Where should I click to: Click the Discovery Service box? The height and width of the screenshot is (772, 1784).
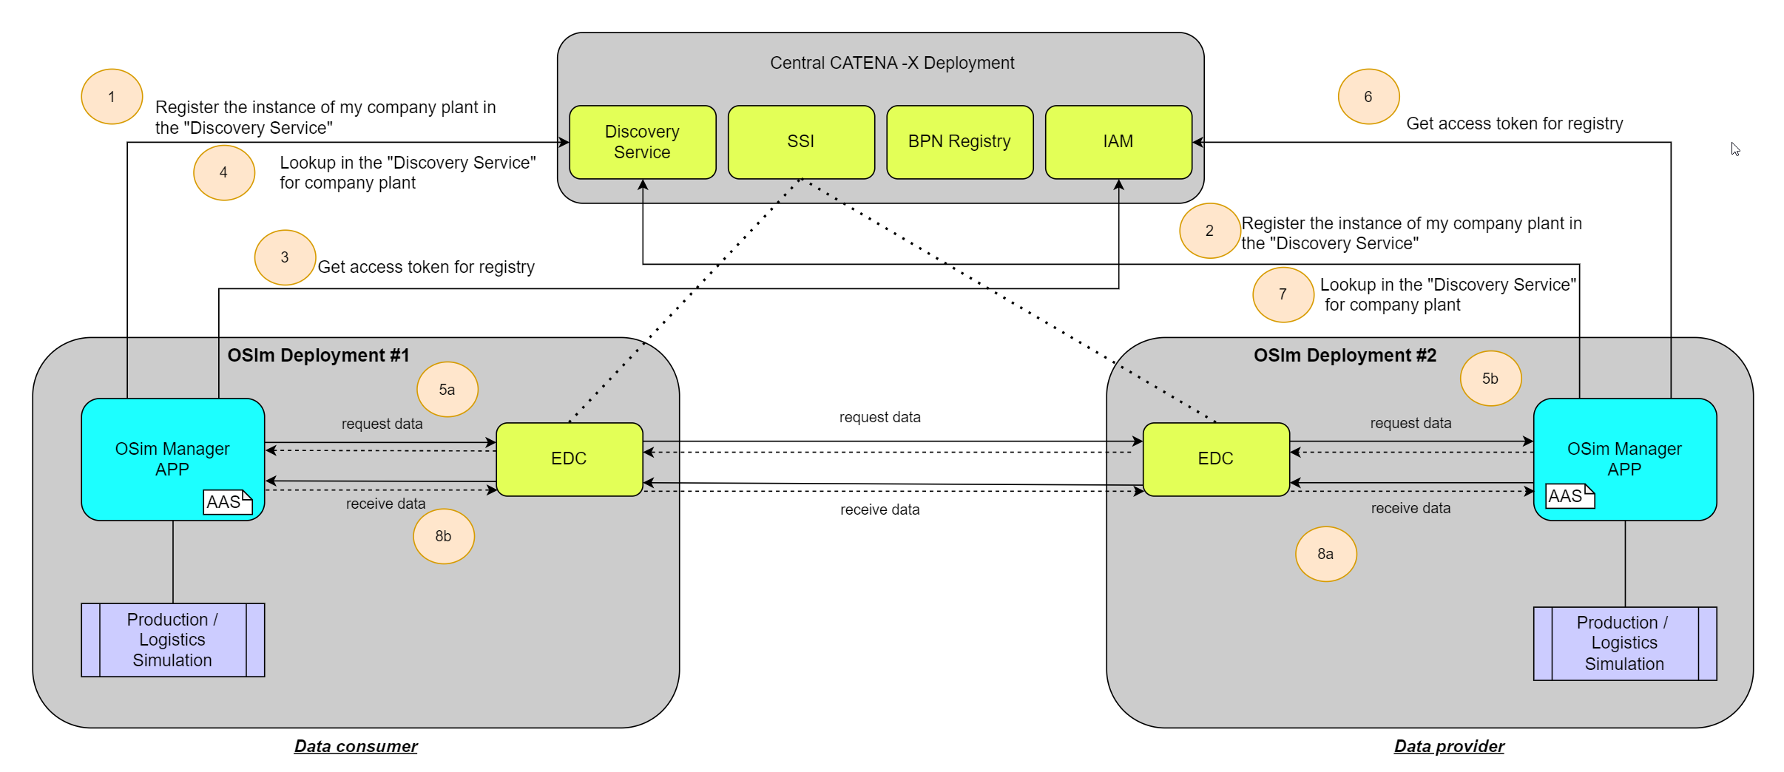[642, 142]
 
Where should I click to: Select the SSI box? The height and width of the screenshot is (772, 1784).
[801, 142]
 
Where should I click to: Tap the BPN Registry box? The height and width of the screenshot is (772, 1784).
[959, 142]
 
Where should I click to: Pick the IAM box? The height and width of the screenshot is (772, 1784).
[1118, 142]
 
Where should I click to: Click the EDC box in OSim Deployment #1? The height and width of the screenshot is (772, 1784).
[569, 459]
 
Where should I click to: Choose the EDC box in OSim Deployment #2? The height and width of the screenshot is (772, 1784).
[1215, 459]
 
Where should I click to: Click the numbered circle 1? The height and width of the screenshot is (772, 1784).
[112, 97]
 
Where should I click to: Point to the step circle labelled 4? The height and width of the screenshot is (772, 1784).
[224, 173]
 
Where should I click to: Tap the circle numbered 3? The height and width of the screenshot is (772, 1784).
[285, 257]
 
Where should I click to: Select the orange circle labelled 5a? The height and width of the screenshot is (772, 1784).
[447, 390]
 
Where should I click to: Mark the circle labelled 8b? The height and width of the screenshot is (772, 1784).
[443, 536]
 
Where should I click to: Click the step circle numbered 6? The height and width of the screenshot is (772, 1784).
[1368, 97]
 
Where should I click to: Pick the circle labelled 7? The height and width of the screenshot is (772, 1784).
[1283, 294]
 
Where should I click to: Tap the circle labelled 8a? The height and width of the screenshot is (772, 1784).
[1325, 554]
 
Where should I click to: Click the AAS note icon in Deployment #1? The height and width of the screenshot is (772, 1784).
[227, 502]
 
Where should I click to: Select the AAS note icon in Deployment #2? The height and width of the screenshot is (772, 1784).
[1570, 496]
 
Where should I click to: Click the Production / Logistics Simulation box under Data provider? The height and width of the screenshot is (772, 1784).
[1624, 643]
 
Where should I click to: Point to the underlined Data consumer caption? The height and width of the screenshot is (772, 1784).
[356, 746]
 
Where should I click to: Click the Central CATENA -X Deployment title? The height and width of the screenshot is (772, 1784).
[892, 63]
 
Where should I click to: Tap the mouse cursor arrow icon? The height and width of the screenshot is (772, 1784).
[1735, 149]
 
